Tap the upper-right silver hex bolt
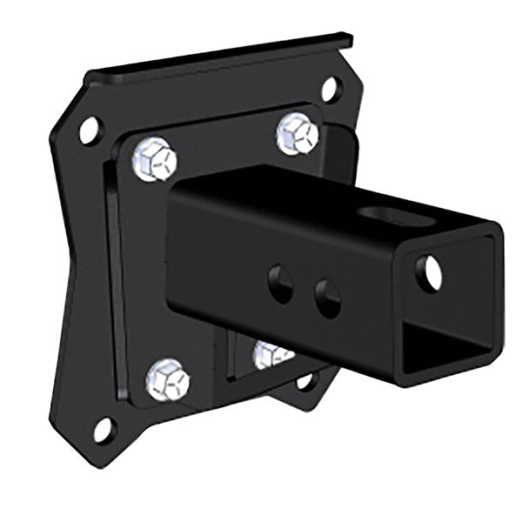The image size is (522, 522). pyautogui.click(x=298, y=134)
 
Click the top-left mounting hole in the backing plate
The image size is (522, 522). pyautogui.click(x=90, y=130)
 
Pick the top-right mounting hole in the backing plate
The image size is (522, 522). pyautogui.click(x=329, y=87)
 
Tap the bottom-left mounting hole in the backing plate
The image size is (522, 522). pyautogui.click(x=103, y=429)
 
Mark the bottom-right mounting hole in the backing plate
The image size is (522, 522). pyautogui.click(x=305, y=380)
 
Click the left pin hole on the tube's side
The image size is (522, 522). pyautogui.click(x=280, y=284)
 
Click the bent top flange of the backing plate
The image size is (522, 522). pyautogui.click(x=226, y=59)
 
